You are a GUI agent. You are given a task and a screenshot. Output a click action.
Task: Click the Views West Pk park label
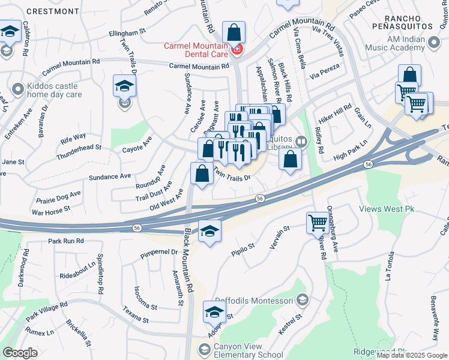387,209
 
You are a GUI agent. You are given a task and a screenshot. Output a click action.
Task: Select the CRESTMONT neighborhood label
53,11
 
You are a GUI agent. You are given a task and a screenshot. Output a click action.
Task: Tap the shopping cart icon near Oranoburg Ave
318,223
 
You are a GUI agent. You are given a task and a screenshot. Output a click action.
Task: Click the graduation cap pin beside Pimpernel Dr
209,231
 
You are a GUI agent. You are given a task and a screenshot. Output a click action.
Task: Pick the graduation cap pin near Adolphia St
214,312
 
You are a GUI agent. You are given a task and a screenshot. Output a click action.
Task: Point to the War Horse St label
51,211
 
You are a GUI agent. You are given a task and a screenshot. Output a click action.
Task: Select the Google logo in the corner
20,353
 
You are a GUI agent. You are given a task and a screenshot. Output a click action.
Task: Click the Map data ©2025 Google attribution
412,355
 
